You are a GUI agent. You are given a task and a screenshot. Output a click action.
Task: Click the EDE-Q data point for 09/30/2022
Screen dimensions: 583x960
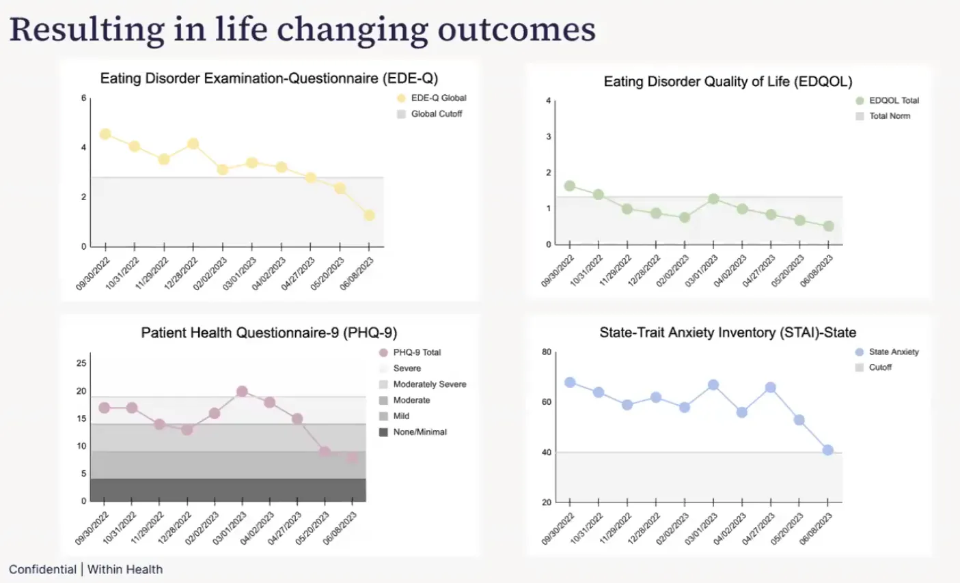105,134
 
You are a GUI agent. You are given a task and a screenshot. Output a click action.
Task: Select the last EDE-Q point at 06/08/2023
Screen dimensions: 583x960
369,216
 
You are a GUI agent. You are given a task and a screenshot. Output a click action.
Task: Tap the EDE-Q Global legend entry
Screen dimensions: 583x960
438,98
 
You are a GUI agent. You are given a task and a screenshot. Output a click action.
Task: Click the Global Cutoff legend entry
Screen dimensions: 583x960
436,114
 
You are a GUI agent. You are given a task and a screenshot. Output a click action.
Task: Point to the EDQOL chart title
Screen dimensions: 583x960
728,82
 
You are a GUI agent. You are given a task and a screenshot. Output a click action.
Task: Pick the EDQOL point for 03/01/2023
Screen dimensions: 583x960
713,199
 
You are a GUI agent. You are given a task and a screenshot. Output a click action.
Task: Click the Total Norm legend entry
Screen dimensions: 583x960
889,116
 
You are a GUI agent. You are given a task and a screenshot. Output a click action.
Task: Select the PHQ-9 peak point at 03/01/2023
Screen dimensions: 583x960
242,392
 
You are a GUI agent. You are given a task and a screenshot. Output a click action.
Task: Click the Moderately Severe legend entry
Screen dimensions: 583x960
429,384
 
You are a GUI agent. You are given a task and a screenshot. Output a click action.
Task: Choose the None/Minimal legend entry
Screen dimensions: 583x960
420,432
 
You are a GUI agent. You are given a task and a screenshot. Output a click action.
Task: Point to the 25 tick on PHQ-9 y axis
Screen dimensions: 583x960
81,363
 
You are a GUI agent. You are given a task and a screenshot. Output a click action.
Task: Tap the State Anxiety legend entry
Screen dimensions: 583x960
893,352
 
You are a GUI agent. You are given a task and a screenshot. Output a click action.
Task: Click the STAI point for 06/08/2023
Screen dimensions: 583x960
828,451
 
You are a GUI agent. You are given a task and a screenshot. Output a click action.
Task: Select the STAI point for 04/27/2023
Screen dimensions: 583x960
771,388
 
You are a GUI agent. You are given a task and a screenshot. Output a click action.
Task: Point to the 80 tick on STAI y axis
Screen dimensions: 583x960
547,352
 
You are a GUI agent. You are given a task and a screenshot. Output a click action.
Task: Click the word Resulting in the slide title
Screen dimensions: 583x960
87,30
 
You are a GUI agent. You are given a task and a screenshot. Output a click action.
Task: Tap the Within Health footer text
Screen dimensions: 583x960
125,569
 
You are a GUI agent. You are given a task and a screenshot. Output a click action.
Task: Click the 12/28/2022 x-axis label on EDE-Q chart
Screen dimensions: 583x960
181,273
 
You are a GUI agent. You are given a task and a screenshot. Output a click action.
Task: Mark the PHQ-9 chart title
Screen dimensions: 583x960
269,333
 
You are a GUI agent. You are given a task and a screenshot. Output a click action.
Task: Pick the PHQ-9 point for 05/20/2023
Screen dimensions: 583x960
325,452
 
